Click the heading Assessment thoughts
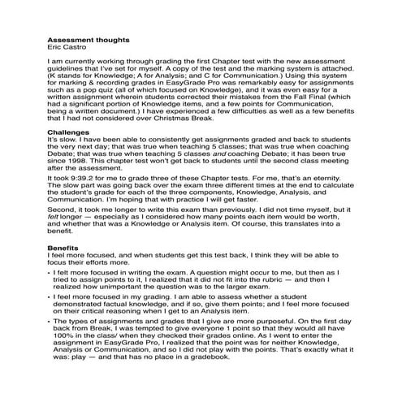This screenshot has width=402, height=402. click(88, 38)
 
